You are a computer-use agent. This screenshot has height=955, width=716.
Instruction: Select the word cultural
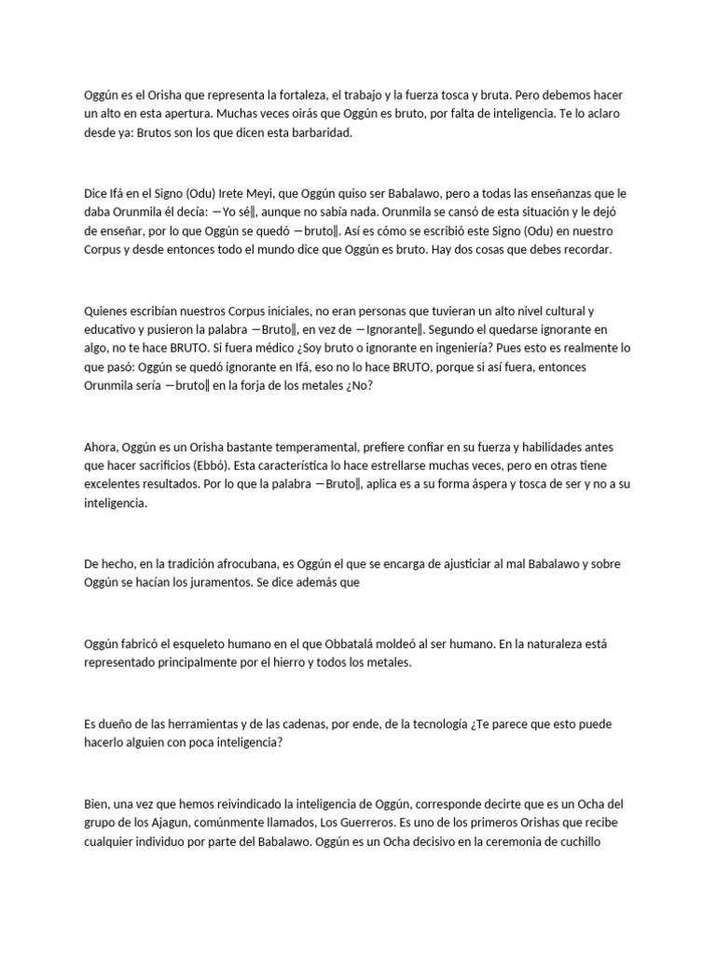click(x=560, y=310)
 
